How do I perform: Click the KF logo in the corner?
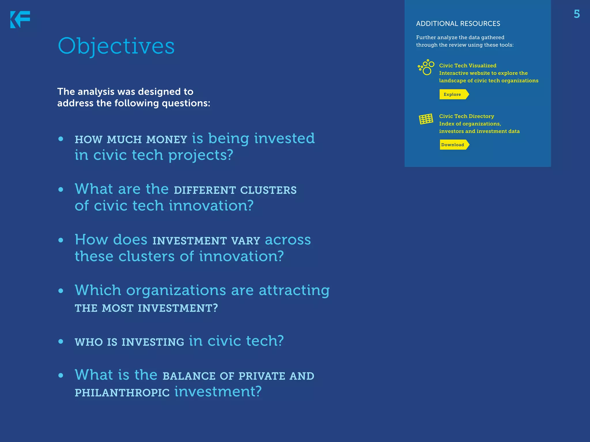click(20, 20)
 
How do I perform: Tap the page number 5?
click(576, 14)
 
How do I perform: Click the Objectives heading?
click(116, 46)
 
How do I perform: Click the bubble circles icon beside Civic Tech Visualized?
click(426, 67)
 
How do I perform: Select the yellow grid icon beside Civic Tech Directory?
click(426, 119)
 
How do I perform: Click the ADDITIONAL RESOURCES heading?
click(458, 24)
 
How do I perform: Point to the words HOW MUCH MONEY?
click(131, 140)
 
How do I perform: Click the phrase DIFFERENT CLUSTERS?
click(235, 190)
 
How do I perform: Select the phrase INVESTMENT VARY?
click(206, 241)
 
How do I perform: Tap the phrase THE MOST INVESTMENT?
click(146, 308)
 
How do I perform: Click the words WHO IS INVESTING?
click(129, 342)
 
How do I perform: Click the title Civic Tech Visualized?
click(468, 66)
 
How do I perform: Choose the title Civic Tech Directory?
click(466, 116)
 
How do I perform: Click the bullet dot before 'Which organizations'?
click(60, 291)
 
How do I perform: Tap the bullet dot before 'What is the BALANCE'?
click(60, 375)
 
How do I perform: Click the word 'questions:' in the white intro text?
click(186, 103)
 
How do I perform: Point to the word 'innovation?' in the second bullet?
click(211, 206)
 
